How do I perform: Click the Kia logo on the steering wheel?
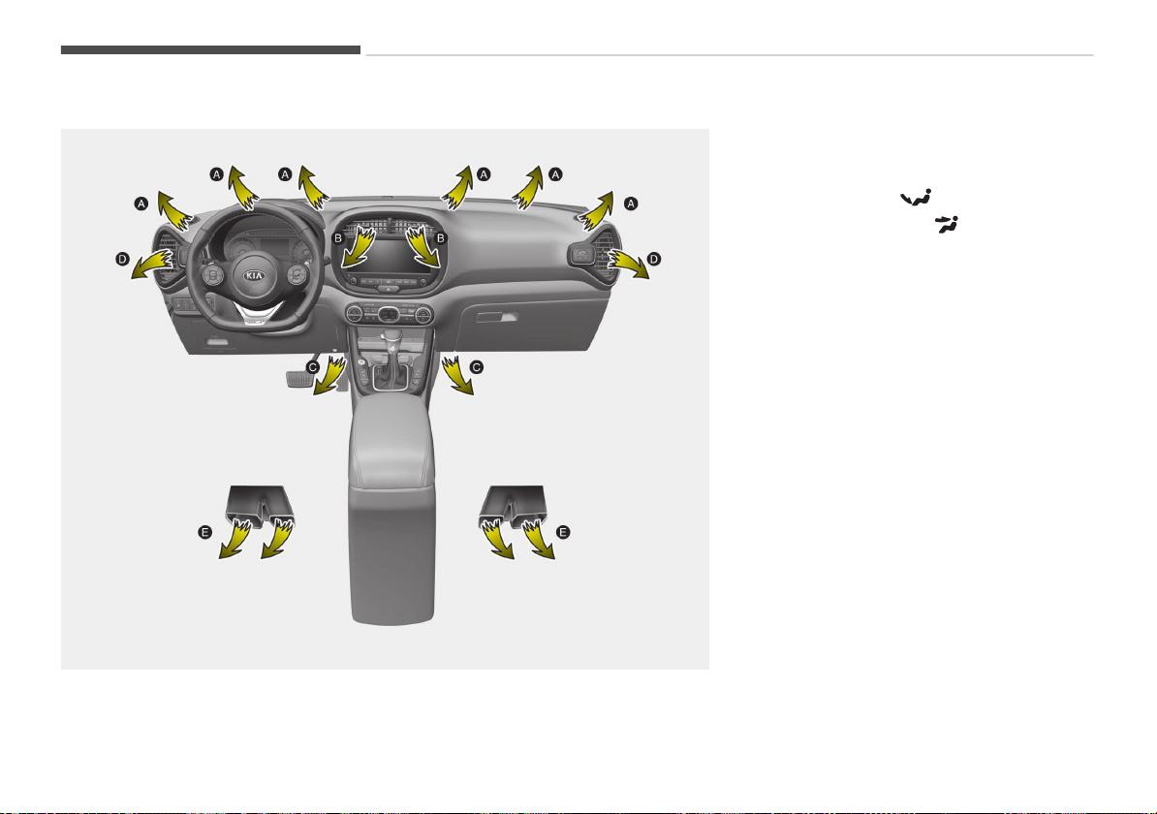[x=255, y=275]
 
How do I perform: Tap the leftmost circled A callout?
[x=141, y=203]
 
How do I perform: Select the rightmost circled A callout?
[x=630, y=203]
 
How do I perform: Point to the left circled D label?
[x=122, y=259]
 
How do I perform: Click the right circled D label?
[x=654, y=259]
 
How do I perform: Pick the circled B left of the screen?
[x=338, y=238]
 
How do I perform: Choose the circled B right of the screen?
[x=441, y=238]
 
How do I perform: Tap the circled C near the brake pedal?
[x=313, y=366]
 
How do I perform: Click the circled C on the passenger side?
[x=477, y=366]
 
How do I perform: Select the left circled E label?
[x=205, y=532]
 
